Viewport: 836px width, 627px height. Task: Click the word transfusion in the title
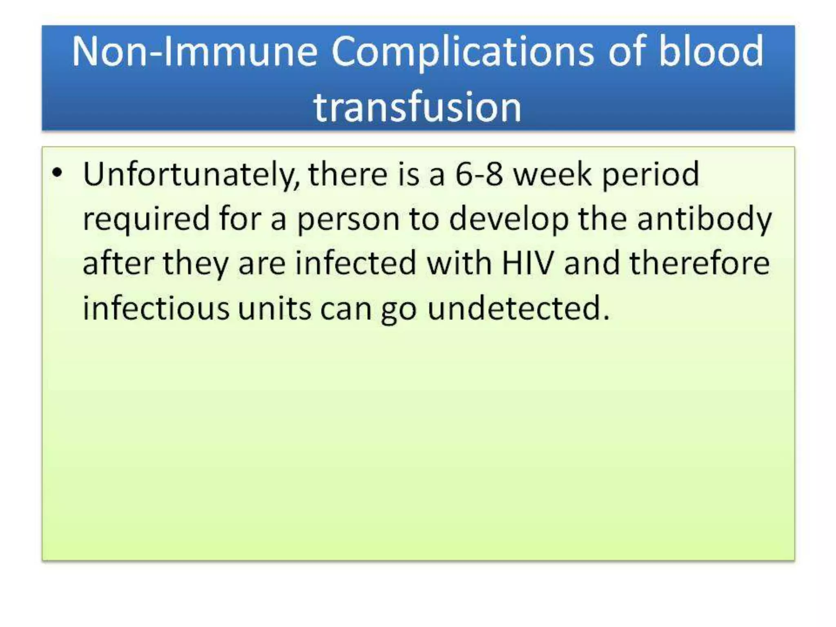417,107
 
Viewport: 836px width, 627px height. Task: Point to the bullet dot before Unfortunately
58,173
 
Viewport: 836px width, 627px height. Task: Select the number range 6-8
479,174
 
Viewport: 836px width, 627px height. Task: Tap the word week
552,174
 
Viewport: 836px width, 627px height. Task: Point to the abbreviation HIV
528,263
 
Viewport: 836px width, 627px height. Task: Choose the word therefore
700,263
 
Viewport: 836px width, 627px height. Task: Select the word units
275,308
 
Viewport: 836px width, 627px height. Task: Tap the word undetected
518,308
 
